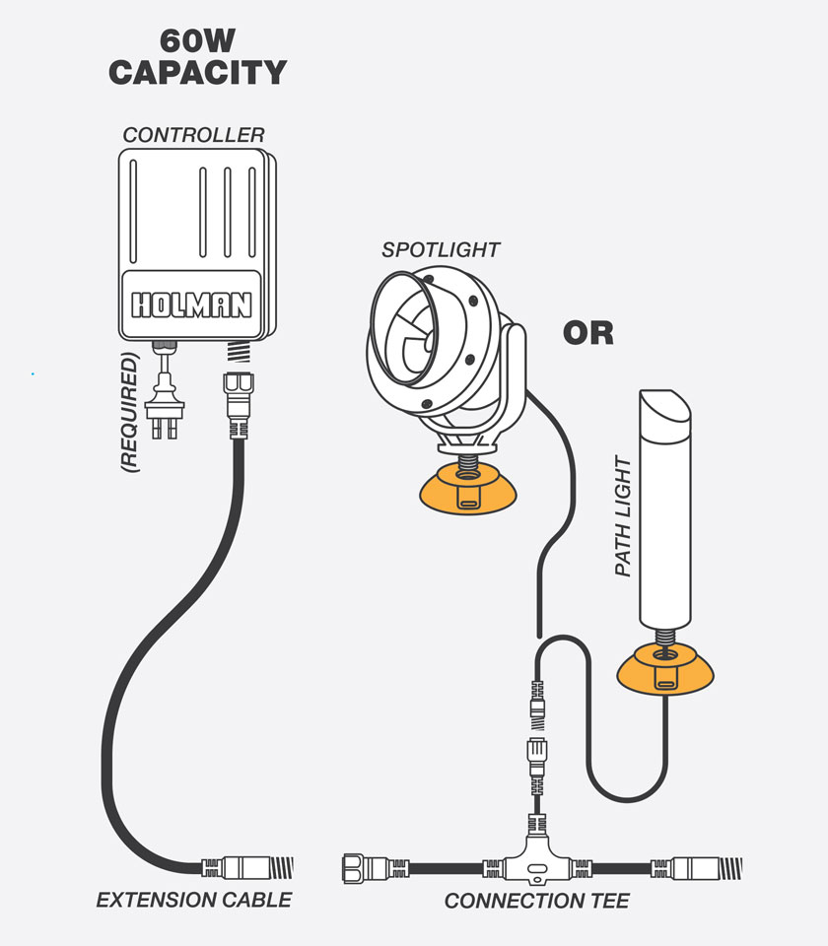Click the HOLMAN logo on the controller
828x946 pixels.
192,304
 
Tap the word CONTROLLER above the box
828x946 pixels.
193,135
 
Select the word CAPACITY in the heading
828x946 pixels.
196,73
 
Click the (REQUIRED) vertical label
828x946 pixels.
128,414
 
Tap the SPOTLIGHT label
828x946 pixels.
440,249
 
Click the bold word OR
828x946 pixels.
587,333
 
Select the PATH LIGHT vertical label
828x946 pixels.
623,516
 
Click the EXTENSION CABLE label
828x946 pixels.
193,899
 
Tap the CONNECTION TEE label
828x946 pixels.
536,900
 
